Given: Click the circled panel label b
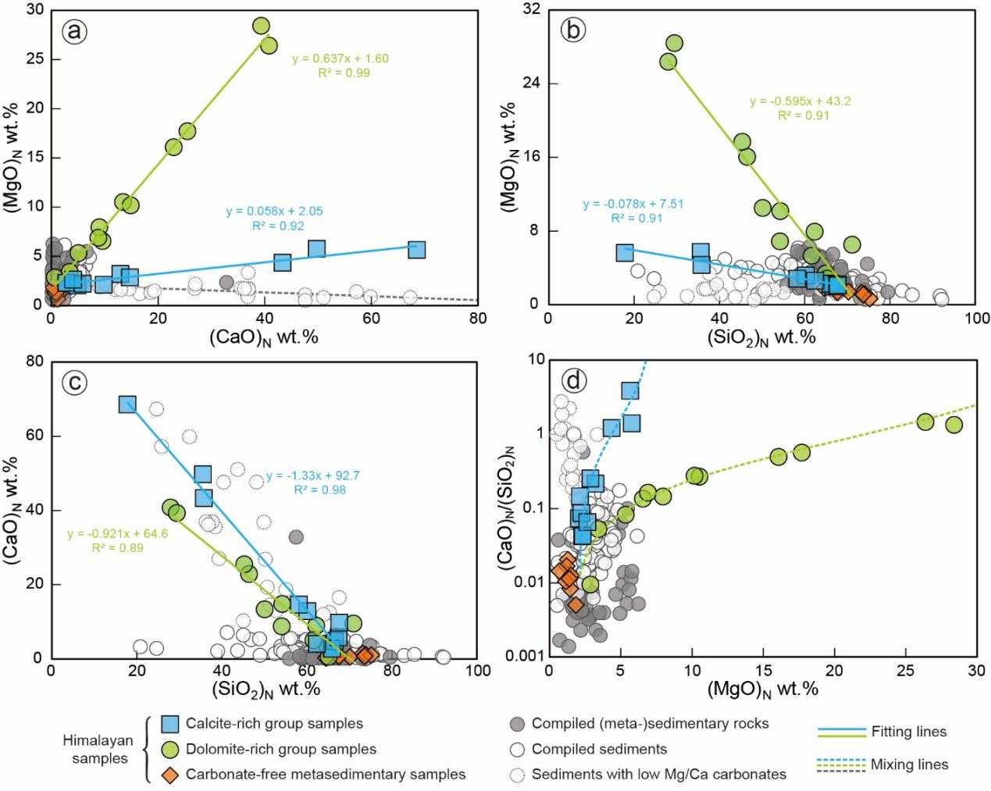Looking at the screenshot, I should pos(573,30).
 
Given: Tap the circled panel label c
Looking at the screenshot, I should pos(76,383).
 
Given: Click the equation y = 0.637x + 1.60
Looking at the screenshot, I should pos(340,59).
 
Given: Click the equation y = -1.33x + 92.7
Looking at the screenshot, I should pos(312,476).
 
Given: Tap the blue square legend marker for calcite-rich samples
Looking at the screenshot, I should pos(170,724).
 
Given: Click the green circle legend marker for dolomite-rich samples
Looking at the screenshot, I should pos(170,749).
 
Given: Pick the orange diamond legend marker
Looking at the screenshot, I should pos(170,774).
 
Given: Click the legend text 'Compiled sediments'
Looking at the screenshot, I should pos(599,749).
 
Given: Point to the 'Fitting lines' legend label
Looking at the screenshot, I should pos(908,732).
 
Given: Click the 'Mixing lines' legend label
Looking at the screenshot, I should pos(910,764).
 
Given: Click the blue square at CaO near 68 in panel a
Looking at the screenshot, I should pos(416,250).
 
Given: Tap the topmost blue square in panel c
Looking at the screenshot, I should pos(127,404).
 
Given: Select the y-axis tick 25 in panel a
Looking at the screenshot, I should pos(34,59).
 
